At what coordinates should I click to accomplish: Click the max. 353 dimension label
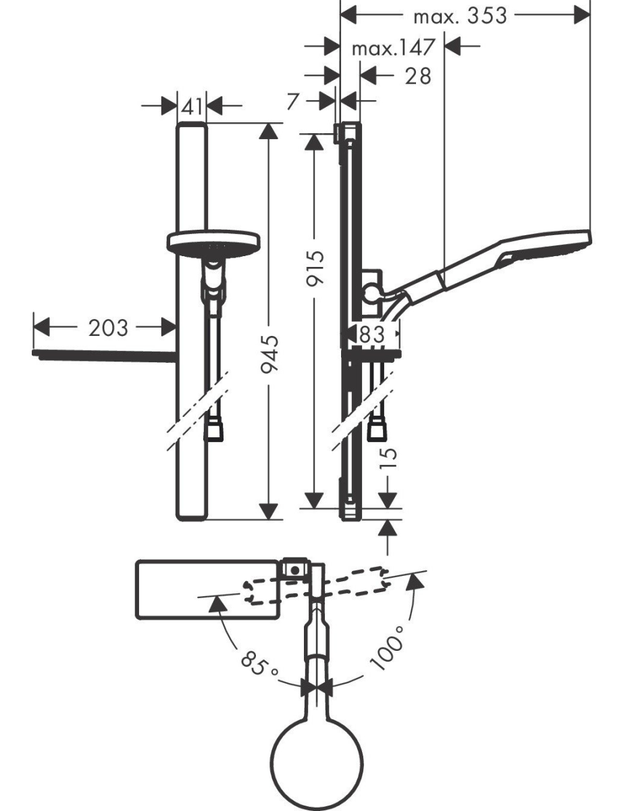461,16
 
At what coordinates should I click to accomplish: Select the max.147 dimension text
394,47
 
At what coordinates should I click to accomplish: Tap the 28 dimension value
418,76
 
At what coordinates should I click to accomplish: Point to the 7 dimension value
293,101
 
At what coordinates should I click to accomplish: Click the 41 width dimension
192,106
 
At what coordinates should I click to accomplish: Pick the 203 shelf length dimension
108,328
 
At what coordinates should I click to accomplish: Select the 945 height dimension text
269,354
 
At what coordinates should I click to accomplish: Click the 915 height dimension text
315,268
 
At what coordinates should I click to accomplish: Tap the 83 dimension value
371,334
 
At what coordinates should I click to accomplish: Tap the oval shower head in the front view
213,245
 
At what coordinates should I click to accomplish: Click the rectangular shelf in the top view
207,590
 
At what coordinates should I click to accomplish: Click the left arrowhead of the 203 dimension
42,328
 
